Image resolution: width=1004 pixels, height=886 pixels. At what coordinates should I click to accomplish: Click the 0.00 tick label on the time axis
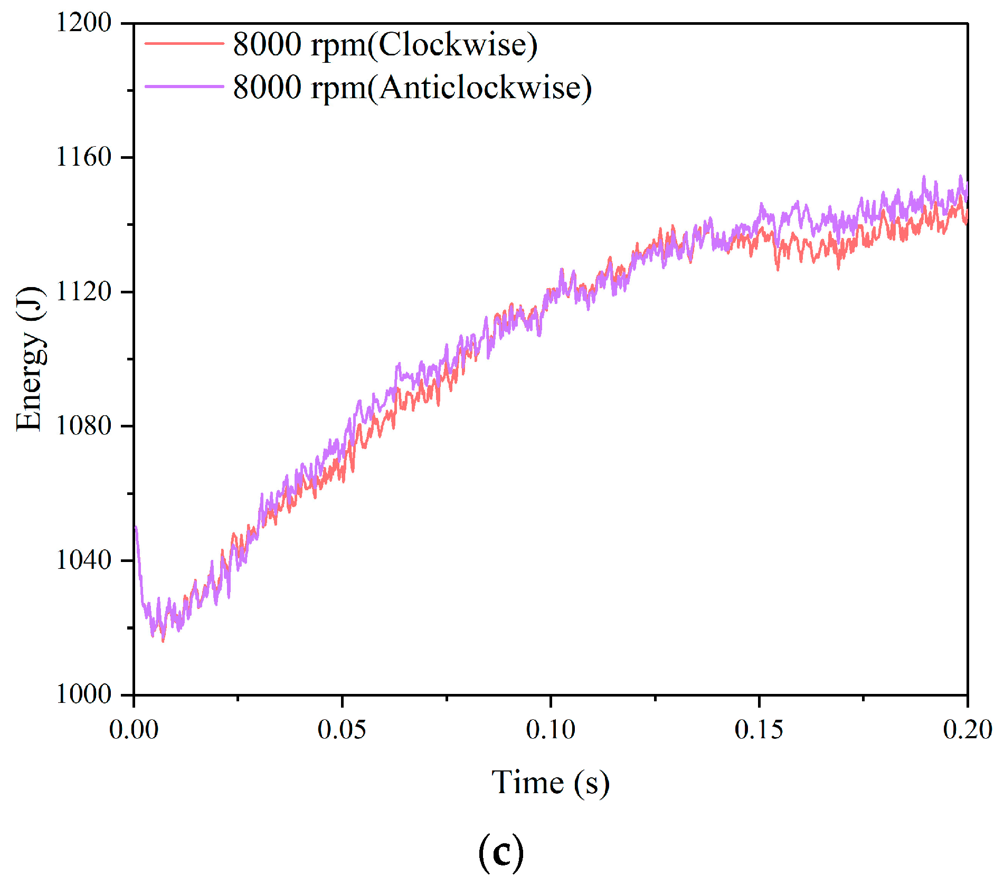pyautogui.click(x=134, y=730)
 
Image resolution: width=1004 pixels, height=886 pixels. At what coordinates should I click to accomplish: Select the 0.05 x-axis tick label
pyautogui.click(x=342, y=730)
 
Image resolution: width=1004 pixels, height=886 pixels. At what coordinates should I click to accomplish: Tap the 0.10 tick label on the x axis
pyautogui.click(x=551, y=730)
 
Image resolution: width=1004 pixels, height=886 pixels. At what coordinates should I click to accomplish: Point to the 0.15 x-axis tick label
pyautogui.click(x=759, y=730)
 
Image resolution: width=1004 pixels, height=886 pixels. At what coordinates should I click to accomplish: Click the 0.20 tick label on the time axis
pyautogui.click(x=967, y=730)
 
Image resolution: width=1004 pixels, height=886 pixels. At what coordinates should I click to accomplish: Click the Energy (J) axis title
pyautogui.click(x=30, y=359)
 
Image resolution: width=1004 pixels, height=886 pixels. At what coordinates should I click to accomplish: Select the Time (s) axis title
pyautogui.click(x=551, y=782)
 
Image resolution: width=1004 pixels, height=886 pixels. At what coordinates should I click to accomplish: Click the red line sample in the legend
pyautogui.click(x=184, y=44)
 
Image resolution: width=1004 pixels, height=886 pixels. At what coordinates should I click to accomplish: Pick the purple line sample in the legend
pyautogui.click(x=184, y=87)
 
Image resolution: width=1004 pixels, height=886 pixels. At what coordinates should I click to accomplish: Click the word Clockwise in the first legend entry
pyautogui.click(x=453, y=44)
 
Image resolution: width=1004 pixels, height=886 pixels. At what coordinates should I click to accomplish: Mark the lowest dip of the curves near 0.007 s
pyautogui.click(x=163, y=640)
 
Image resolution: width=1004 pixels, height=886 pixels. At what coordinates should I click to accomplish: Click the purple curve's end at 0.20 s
pyautogui.click(x=966, y=185)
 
